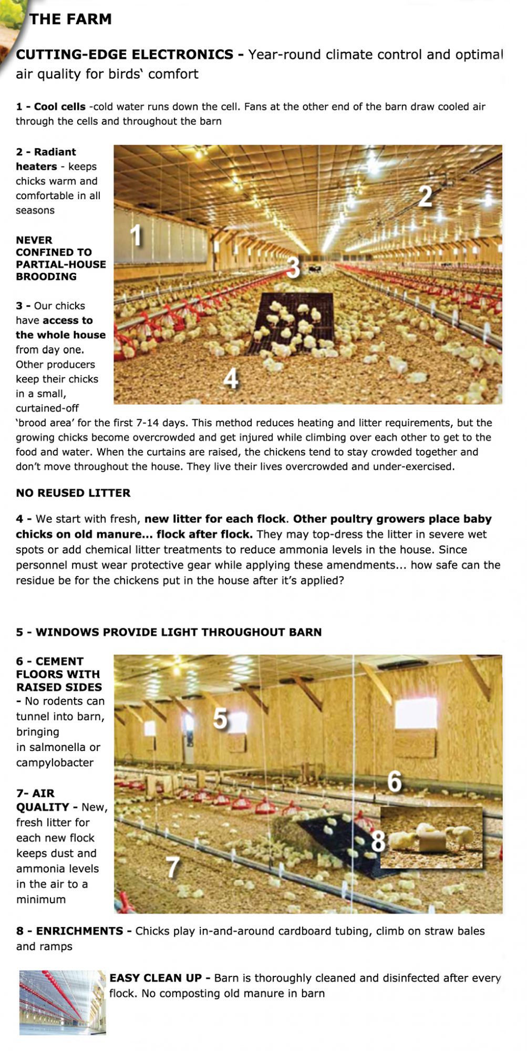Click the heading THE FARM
70,19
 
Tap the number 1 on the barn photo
136,234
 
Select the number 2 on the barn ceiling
425,197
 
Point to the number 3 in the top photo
293,267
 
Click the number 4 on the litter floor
231,378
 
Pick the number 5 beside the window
221,718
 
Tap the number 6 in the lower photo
394,781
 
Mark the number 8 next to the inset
378,841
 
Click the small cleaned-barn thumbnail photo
63,1003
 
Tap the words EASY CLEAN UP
156,978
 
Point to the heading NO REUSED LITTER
73,493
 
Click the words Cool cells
59,107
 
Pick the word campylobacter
55,763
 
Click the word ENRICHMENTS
79,931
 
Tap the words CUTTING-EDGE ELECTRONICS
125,55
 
